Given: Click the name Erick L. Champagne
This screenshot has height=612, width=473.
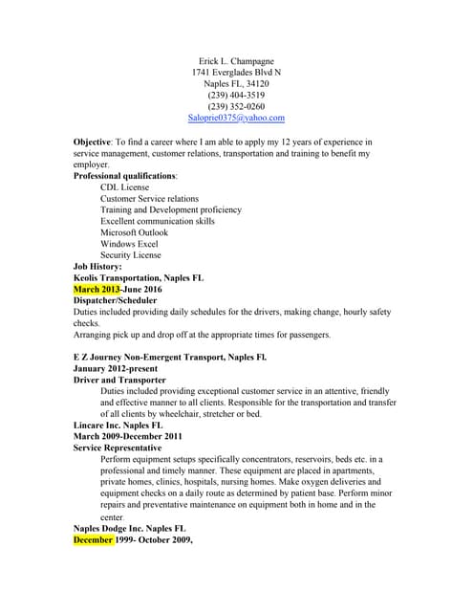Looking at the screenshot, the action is click(x=236, y=60).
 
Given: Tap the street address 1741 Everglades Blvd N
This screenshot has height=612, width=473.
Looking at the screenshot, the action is click(x=236, y=72).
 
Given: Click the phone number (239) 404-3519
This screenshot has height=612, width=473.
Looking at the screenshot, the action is click(x=236, y=95).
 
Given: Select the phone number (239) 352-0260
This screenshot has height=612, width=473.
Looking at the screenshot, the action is click(x=236, y=106).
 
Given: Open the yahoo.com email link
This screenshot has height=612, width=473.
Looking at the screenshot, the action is click(x=236, y=118).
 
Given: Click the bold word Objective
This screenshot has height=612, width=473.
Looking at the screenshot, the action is click(x=92, y=142).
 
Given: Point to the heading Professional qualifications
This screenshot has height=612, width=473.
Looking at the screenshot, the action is click(x=124, y=176).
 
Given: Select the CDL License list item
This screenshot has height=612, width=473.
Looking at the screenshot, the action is click(x=124, y=187).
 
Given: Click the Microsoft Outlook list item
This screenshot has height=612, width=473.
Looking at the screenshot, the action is click(x=134, y=232).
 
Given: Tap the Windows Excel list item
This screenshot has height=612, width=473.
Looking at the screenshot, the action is click(x=130, y=244).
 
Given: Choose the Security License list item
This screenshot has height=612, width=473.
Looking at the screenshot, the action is click(x=131, y=255).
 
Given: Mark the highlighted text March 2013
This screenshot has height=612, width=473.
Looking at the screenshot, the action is click(x=96, y=289).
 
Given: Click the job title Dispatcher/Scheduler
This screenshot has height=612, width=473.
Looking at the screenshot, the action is click(x=116, y=300).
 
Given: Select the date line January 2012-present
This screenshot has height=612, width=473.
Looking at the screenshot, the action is click(x=116, y=368).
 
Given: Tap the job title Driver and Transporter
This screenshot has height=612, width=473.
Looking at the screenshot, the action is click(x=118, y=380).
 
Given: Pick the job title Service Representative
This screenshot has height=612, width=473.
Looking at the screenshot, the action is click(x=117, y=448).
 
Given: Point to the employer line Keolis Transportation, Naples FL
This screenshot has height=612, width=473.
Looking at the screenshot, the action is click(x=139, y=277).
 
